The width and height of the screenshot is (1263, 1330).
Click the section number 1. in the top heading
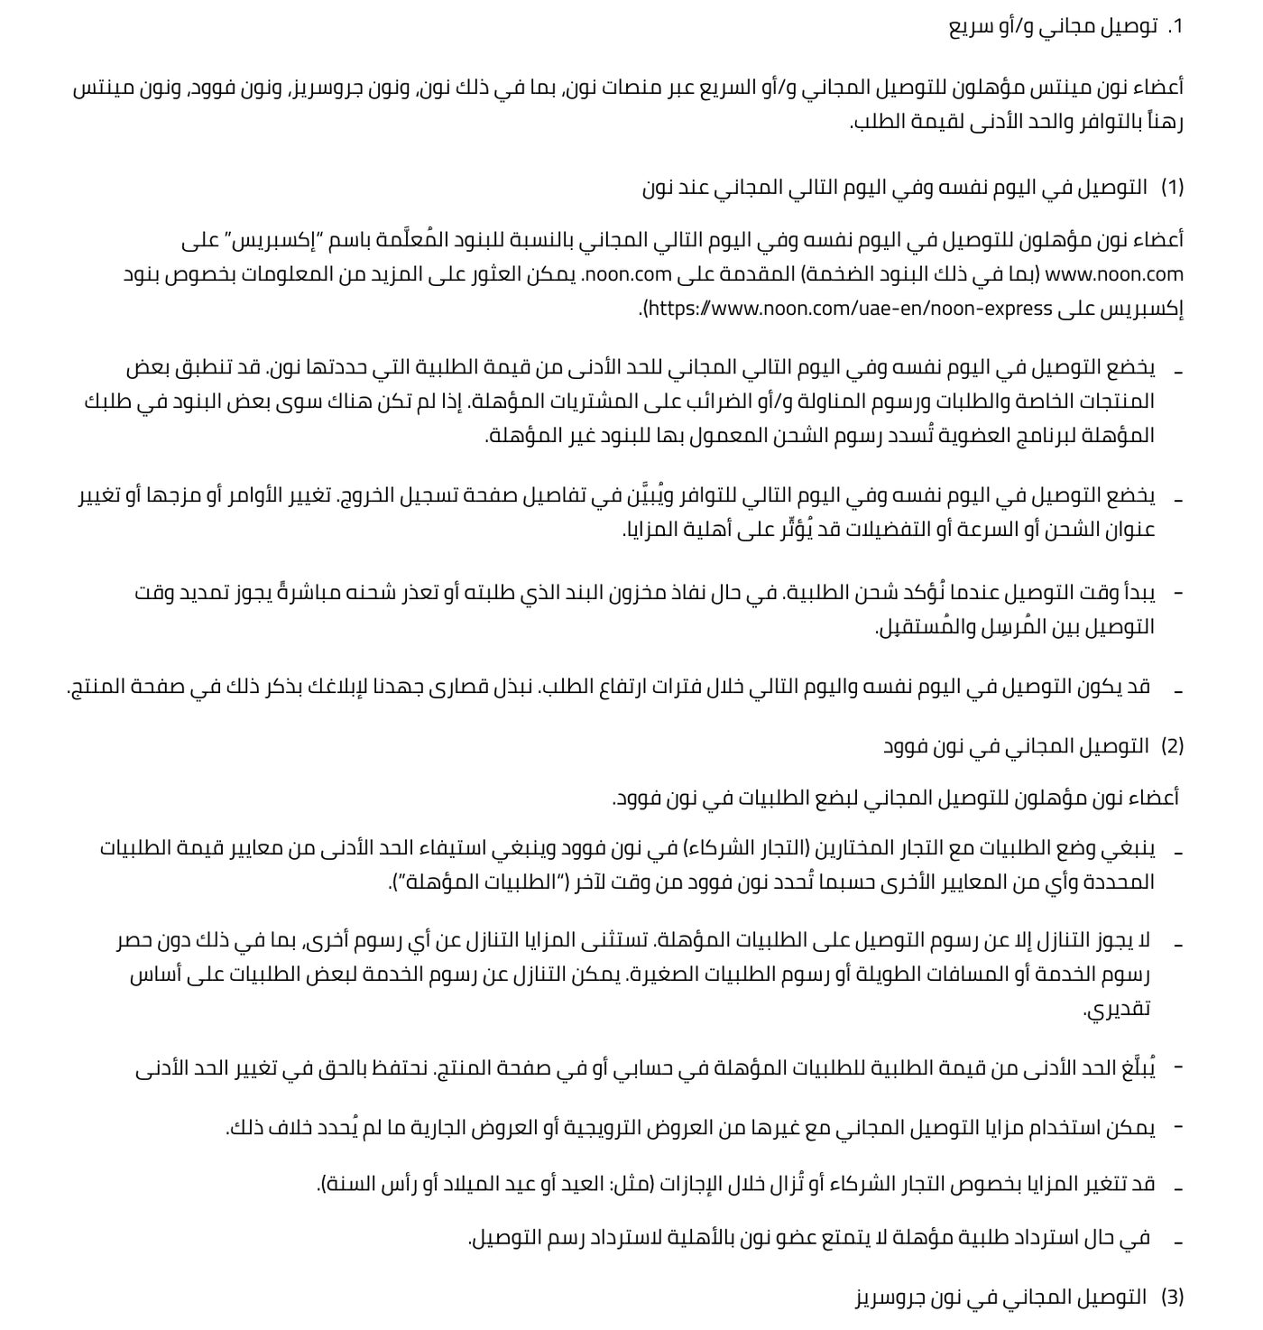[x=1173, y=27]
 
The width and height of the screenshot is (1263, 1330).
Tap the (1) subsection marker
[x=1172, y=188]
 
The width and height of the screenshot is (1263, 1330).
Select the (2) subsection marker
[x=1172, y=746]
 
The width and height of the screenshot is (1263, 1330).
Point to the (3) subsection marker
[x=1172, y=1298]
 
